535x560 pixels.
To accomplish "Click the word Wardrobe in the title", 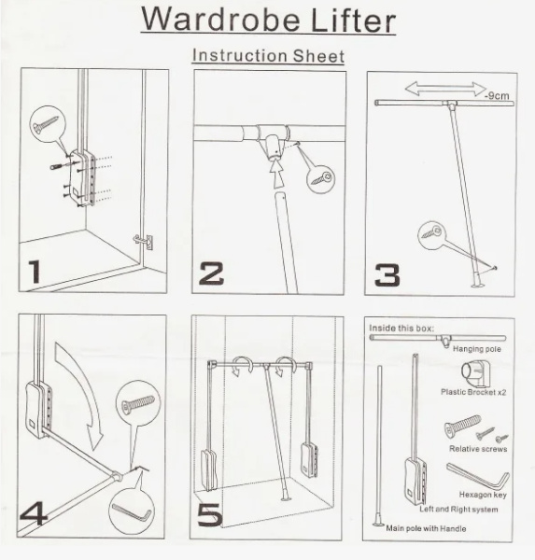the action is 220,19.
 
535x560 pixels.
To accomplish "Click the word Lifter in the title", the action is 353,20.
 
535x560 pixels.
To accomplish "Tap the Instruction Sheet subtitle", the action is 268,56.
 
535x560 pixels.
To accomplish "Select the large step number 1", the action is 35,272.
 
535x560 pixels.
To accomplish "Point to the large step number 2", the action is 212,273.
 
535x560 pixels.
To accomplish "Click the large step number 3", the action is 387,275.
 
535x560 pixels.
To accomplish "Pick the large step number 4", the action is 33,513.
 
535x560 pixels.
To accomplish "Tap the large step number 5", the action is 210,514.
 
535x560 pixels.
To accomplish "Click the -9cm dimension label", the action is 497,96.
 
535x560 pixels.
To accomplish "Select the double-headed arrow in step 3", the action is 445,89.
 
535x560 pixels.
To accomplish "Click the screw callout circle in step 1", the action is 47,123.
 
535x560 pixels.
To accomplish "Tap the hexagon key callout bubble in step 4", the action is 131,511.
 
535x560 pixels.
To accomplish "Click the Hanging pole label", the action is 477,349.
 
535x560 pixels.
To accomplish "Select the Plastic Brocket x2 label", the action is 473,392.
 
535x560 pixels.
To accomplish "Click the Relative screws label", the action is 478,449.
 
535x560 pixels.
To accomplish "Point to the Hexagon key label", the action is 483,495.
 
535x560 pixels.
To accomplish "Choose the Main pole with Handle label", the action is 426,528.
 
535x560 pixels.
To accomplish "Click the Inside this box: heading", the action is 401,329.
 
